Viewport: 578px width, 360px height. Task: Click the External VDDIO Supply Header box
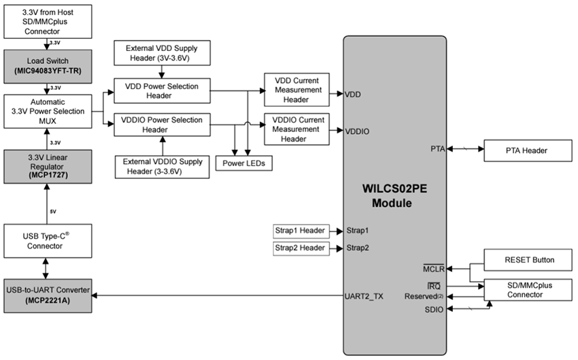click(161, 167)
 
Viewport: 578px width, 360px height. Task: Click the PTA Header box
click(526, 151)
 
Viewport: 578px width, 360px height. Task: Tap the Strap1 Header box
click(301, 229)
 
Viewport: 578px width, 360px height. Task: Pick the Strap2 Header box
click(301, 248)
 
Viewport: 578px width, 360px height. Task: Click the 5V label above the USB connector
click(52, 210)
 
